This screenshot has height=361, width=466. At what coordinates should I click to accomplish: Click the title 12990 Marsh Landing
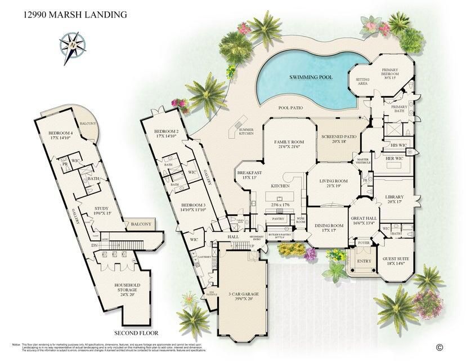(x=74, y=13)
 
